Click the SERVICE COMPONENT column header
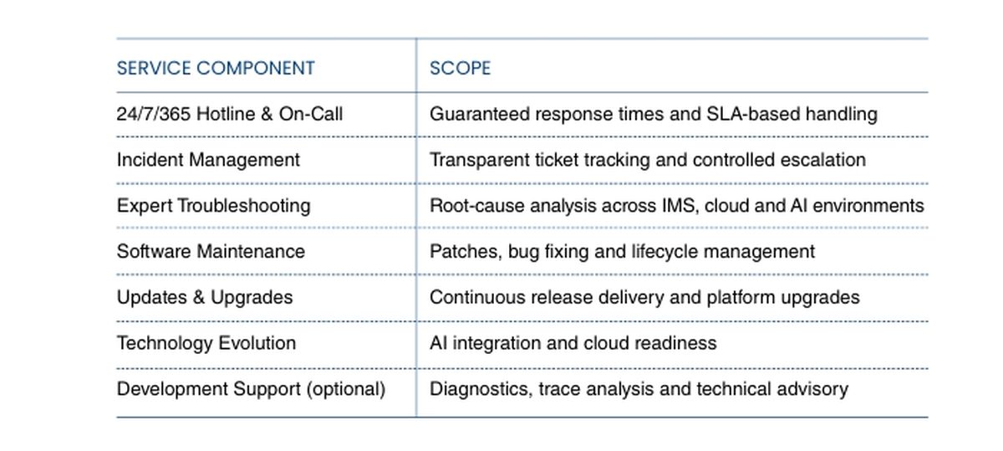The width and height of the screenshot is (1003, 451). point(216,68)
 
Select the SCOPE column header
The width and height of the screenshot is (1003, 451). point(460,68)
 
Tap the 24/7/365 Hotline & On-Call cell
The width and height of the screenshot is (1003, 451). point(230,114)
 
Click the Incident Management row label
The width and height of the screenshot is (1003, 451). point(208,160)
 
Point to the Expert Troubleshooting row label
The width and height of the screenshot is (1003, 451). point(214,206)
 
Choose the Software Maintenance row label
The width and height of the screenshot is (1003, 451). point(211,252)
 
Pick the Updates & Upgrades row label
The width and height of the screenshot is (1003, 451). point(205,298)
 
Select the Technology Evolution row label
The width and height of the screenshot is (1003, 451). point(206,343)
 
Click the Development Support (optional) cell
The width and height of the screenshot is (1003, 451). point(252,389)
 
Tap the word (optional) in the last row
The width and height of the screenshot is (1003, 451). point(346,389)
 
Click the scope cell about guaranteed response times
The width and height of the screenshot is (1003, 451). point(654,115)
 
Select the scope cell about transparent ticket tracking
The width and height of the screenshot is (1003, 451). point(648,160)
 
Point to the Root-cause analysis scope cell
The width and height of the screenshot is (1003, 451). point(676,206)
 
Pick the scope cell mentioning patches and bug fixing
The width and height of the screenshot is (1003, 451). point(622,252)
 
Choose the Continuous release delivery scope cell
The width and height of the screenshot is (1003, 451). point(644,298)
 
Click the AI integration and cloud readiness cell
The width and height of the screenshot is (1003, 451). point(573,343)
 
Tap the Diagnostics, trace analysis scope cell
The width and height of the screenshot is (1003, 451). point(639,389)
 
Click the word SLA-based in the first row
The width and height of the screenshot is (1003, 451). point(753,114)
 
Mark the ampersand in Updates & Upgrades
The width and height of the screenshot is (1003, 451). point(198,298)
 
